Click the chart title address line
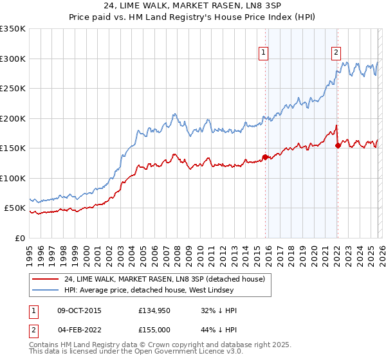tap(193, 7)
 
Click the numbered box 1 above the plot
tap(264, 53)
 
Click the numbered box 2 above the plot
tap(336, 53)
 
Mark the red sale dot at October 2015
tap(265, 157)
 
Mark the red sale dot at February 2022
tap(337, 145)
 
